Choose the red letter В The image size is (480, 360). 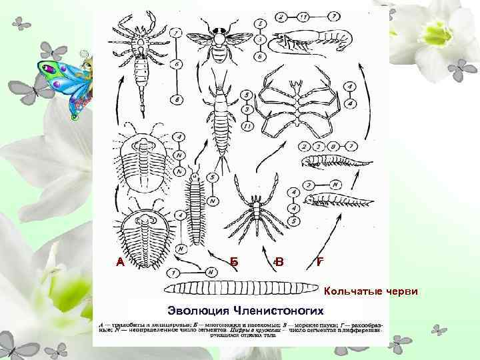(x=279, y=262)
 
